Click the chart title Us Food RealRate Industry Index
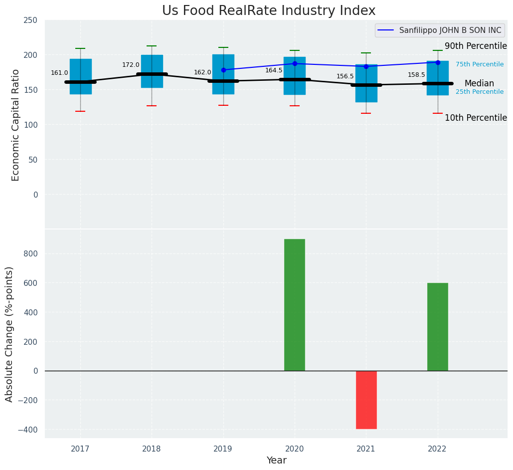[x=269, y=11]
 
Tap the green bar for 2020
[x=294, y=305]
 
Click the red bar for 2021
[x=366, y=400]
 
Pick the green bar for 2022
[x=437, y=327]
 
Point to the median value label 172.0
[x=131, y=65]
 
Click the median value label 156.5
[x=345, y=76]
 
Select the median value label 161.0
[x=59, y=73]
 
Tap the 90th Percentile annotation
[x=476, y=46]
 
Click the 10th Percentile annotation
[x=476, y=118]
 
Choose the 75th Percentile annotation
[x=479, y=64]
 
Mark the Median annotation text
[x=479, y=84]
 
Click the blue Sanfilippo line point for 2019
[x=223, y=70]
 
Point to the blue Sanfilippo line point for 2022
[x=438, y=62]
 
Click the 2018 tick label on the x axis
[x=152, y=449]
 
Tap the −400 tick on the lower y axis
[x=28, y=430]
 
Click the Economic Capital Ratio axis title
[x=15, y=125]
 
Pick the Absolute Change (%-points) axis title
[x=9, y=334]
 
